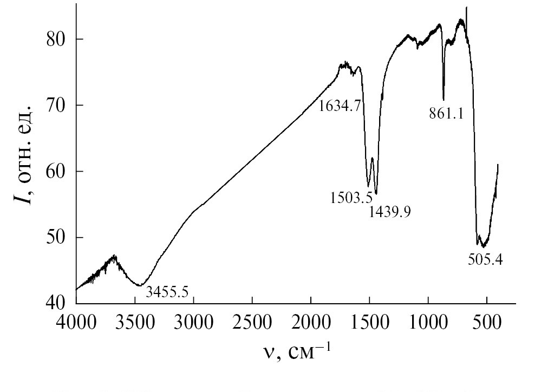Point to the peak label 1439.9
point(389,211)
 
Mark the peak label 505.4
point(485,259)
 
